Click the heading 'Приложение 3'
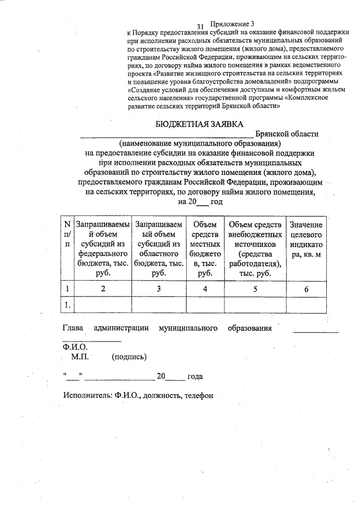pyautogui.click(x=232, y=24)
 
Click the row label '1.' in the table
pyautogui.click(x=67, y=305)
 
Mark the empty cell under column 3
pyautogui.click(x=159, y=305)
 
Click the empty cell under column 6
pyautogui.click(x=306, y=305)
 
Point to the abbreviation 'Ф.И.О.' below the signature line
pyautogui.click(x=75, y=347)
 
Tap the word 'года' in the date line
pyautogui.click(x=195, y=376)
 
